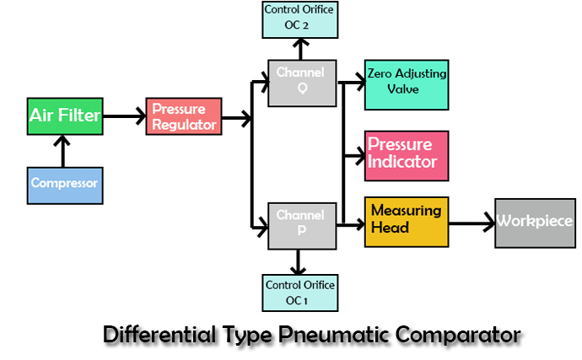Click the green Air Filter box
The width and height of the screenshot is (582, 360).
coord(65,117)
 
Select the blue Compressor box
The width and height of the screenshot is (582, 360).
coord(65,183)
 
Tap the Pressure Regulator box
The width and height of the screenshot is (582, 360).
coord(184,117)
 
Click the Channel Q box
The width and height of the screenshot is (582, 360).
coord(300,83)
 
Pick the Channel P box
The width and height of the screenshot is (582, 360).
coord(300,225)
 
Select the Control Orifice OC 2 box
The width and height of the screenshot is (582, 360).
coord(300,19)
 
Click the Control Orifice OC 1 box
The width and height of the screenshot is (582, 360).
coord(300,293)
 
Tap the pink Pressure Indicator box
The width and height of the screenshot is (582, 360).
coord(405,155)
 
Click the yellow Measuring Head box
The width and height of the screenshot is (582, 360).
coord(405,222)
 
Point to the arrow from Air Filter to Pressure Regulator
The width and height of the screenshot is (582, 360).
coord(123,117)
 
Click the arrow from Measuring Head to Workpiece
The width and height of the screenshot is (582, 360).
coord(470,223)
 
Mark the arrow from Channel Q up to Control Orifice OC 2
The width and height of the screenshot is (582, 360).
coord(300,49)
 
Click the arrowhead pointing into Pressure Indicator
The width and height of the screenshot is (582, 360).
coord(358,156)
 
